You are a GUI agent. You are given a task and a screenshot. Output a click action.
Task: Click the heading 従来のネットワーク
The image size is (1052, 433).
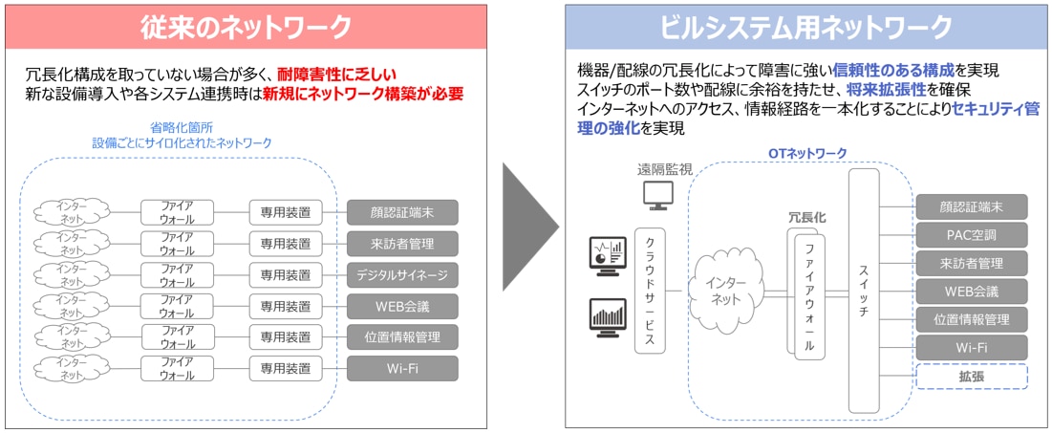[x=247, y=27]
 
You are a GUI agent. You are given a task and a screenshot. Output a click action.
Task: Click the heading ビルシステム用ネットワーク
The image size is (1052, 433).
[x=805, y=27]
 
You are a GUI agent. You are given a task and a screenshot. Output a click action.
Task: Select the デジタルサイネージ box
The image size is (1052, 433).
[x=402, y=275]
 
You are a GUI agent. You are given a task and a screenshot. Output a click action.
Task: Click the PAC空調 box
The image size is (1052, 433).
[x=972, y=234]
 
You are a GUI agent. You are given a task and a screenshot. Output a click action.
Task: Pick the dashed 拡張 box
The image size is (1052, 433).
[x=972, y=376]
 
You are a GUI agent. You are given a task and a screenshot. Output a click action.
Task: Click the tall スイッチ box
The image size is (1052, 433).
[x=863, y=290]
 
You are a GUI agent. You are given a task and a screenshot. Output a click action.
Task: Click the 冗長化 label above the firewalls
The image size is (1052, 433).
[x=806, y=218]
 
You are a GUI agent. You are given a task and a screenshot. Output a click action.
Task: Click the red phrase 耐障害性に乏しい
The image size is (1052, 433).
[x=337, y=74]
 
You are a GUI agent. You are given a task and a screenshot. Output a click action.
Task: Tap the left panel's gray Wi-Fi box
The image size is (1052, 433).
[x=402, y=368]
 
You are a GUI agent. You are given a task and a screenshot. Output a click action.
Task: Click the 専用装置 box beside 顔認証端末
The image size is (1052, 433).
[x=286, y=212]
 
